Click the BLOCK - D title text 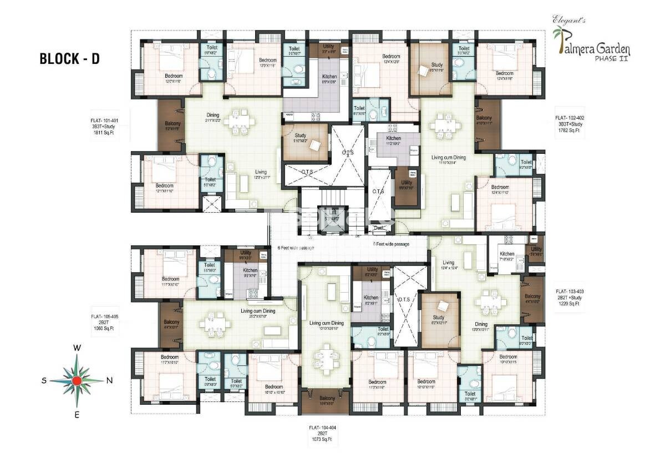[69, 59]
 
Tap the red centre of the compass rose [77, 380]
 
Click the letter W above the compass [78, 348]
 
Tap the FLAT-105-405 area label [104, 323]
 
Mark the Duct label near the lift [379, 227]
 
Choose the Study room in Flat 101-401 [304, 140]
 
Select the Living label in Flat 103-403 [448, 263]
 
